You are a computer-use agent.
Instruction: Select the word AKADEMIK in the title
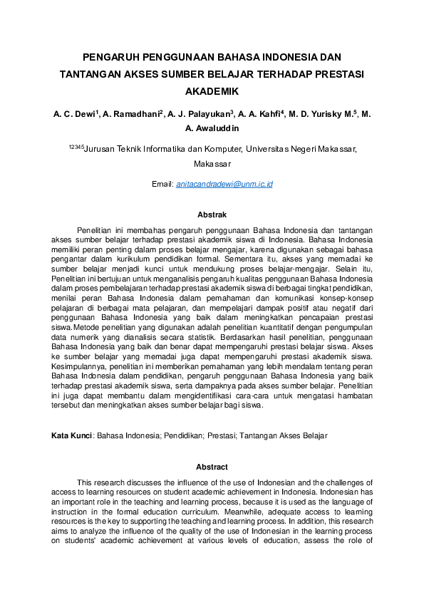pyautogui.click(x=212, y=92)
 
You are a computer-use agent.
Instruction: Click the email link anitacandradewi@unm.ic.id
pyautogui.click(x=224, y=184)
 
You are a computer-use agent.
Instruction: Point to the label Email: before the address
pyautogui.click(x=162, y=184)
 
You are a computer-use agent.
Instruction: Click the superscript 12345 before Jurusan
pyautogui.click(x=76, y=147)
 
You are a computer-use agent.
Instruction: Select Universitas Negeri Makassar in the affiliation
pyautogui.click(x=301, y=149)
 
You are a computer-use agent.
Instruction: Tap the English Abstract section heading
pyautogui.click(x=212, y=467)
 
